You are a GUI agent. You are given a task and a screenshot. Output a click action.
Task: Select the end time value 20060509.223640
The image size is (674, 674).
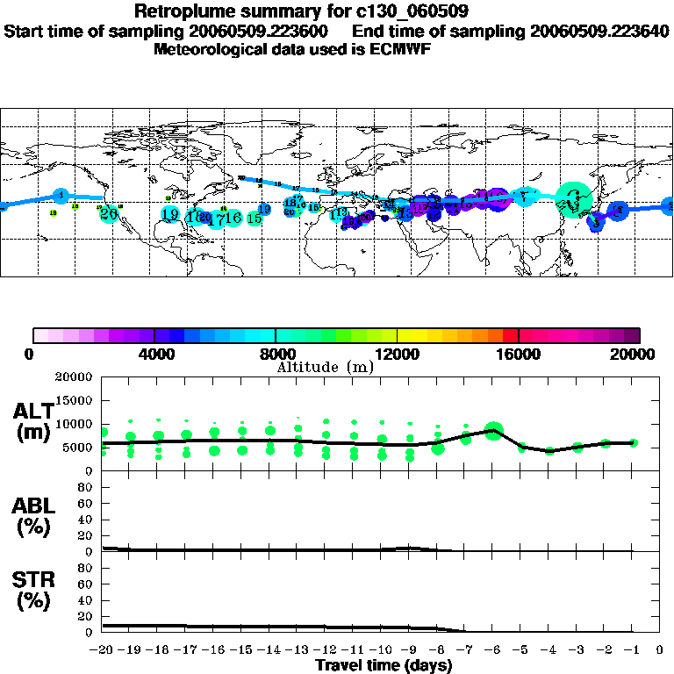pyautogui.click(x=599, y=31)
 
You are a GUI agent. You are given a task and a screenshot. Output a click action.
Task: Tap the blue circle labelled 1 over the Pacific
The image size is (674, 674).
pyautogui.click(x=61, y=195)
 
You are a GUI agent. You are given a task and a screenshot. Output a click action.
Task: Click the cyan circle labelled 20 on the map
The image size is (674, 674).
pyautogui.click(x=109, y=213)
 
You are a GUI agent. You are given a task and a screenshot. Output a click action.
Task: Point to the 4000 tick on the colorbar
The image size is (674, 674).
pyautogui.click(x=154, y=355)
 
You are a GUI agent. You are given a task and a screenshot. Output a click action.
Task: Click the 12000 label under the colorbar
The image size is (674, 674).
pyautogui.click(x=398, y=355)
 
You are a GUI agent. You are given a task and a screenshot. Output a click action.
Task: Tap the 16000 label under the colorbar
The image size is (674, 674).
pyautogui.click(x=519, y=355)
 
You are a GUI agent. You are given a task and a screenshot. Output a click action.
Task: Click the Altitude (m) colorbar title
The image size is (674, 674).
pyautogui.click(x=325, y=367)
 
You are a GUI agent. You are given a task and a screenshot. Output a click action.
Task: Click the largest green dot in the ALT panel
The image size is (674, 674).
pyautogui.click(x=494, y=430)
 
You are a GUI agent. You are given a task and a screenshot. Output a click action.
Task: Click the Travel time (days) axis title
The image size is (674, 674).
pyautogui.click(x=384, y=665)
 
